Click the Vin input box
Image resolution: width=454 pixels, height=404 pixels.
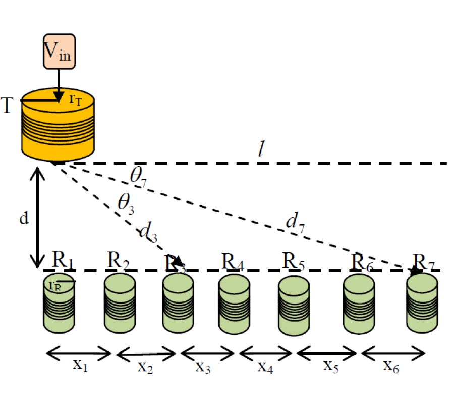59,51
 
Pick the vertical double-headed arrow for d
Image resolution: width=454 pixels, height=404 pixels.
37,217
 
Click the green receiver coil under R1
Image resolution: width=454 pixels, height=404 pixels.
60,303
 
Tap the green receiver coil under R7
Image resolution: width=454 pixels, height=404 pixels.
422,303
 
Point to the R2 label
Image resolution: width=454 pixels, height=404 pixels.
119,262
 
